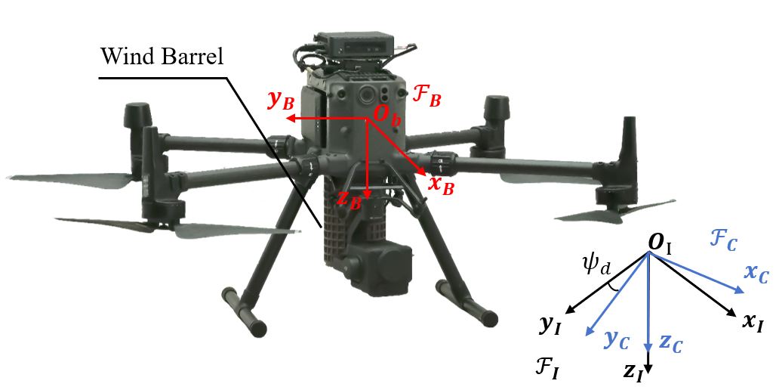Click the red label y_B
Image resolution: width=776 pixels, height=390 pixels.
pyautogui.click(x=279, y=101)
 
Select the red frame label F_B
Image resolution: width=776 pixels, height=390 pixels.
pyautogui.click(x=426, y=95)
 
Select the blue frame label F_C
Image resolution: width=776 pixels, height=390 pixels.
pyautogui.click(x=723, y=241)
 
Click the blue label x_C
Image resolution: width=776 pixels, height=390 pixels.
pyautogui.click(x=756, y=274)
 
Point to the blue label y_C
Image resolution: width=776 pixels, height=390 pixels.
pyautogui.click(x=617, y=339)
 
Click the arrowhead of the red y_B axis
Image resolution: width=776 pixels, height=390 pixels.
pyautogui.click(x=290, y=119)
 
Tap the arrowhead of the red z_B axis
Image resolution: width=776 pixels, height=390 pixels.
pyautogui.click(x=367, y=190)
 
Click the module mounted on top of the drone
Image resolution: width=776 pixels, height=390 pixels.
pyautogui.click(x=354, y=45)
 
